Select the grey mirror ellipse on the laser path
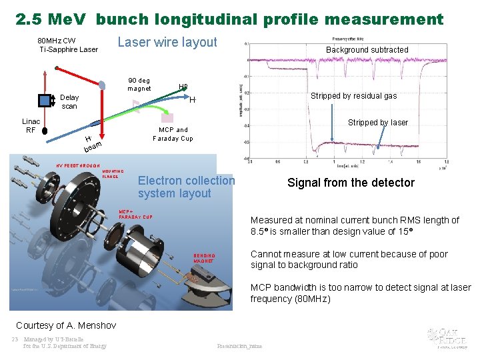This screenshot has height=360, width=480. click(x=102, y=85)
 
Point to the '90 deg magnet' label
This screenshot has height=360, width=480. click(x=139, y=84)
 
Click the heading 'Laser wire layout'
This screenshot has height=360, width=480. click(x=167, y=43)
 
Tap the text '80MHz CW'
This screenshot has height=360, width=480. click(x=57, y=41)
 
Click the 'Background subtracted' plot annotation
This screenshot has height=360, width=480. click(x=367, y=50)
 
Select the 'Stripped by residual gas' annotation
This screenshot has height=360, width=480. click(x=353, y=96)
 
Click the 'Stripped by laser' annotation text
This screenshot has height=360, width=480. click(x=378, y=123)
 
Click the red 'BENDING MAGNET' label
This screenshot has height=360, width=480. click(x=204, y=258)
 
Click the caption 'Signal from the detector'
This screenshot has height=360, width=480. click(x=351, y=183)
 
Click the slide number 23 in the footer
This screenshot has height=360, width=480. click(x=15, y=339)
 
